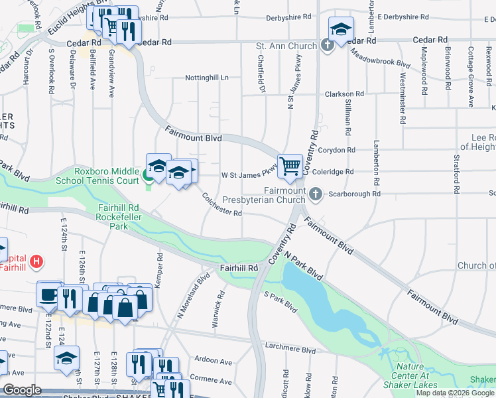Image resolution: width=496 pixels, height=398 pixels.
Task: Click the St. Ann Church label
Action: coord(286,46)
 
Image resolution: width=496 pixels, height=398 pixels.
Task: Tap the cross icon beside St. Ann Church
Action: coord(327,46)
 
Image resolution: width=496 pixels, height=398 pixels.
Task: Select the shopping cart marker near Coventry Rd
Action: coord(290,166)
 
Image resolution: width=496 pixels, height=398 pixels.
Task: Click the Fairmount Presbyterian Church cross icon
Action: coord(316,194)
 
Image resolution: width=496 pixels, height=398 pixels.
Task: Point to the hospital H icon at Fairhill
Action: coord(36,262)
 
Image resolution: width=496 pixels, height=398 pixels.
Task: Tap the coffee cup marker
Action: coord(49,295)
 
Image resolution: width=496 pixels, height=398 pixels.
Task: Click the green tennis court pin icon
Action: coord(147,176)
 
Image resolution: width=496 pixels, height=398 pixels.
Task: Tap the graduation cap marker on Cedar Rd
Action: coord(341,30)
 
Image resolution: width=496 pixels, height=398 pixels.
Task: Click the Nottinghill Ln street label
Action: coord(206,78)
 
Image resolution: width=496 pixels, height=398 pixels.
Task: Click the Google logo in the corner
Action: coord(22,390)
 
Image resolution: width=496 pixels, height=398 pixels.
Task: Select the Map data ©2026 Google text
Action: coord(454,393)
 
